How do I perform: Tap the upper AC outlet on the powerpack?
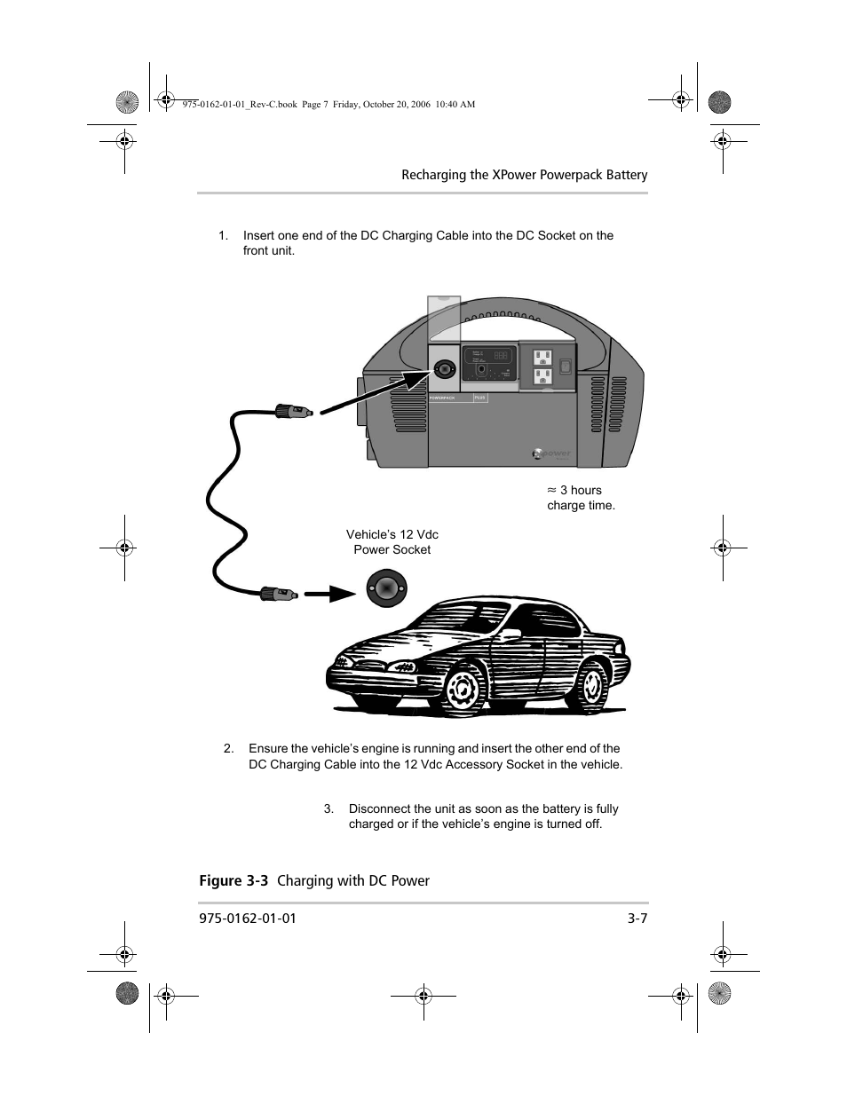click(x=542, y=358)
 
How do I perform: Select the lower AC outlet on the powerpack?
click(x=542, y=377)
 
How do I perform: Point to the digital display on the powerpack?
click(x=501, y=355)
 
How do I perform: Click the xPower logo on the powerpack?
click(x=551, y=453)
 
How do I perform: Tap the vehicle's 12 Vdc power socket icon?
click(x=386, y=587)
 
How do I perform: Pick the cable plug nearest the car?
click(x=277, y=592)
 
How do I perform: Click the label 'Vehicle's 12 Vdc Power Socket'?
click(x=392, y=542)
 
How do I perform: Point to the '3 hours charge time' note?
click(x=581, y=498)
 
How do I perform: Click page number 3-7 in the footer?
click(x=637, y=919)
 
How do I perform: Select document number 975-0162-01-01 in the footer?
click(x=247, y=919)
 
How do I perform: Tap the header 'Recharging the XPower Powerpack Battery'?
click(x=524, y=175)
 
